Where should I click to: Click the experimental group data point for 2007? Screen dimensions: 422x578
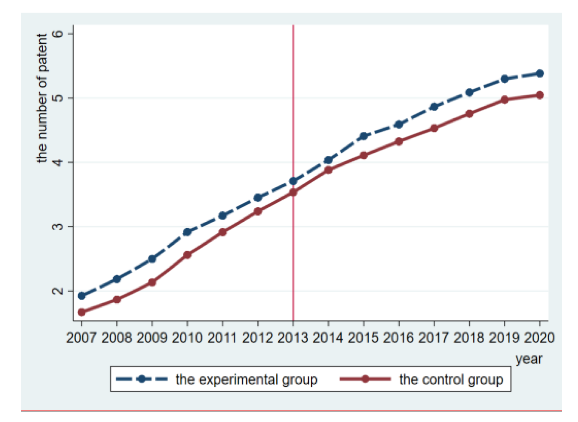point(81,296)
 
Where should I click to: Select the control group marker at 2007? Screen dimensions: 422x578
point(81,312)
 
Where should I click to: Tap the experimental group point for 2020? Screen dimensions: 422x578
point(540,74)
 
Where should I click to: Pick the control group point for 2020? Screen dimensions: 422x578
point(540,95)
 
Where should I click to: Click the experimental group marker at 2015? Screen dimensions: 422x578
point(363,136)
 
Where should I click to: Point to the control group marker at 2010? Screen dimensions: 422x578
point(187,255)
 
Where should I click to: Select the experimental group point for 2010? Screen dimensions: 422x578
point(187,232)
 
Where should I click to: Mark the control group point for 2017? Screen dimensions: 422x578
point(434,128)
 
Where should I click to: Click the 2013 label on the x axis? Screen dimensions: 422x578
point(293,338)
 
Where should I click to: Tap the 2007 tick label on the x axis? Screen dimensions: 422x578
point(81,338)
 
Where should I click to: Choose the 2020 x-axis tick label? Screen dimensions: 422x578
point(539,338)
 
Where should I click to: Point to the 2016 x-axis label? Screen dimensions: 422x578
point(399,338)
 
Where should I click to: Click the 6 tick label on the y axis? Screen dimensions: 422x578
point(58,34)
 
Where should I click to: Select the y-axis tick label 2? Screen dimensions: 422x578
point(58,291)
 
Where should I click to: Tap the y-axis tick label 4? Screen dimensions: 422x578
point(58,162)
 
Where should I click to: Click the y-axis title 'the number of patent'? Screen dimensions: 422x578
point(42,98)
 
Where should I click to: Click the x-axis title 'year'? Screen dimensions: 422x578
point(529,359)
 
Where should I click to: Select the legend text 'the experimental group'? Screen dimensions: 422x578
point(246,379)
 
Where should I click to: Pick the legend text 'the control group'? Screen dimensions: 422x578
point(451,379)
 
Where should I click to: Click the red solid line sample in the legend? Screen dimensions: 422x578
point(365,379)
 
